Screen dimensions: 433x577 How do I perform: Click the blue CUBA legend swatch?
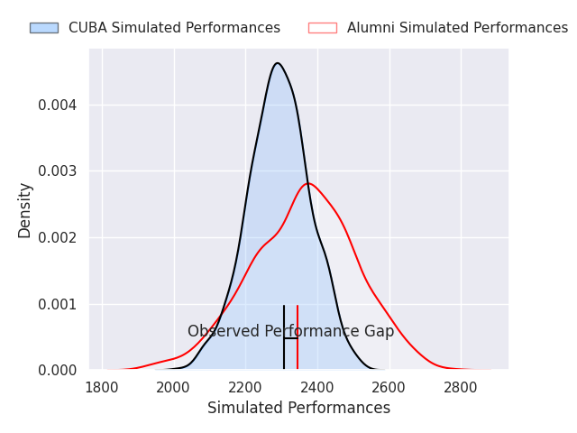(x=43, y=28)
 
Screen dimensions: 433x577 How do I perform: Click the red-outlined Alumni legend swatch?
(x=322, y=28)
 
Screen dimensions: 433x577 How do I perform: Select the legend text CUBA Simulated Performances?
(x=174, y=28)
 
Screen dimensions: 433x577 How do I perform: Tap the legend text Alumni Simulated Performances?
(x=457, y=28)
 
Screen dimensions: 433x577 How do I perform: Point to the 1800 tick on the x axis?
(x=103, y=387)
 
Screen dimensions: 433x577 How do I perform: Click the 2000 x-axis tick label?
(x=174, y=387)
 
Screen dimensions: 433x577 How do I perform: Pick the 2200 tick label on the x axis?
(x=246, y=387)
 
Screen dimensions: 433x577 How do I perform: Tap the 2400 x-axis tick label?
(x=317, y=387)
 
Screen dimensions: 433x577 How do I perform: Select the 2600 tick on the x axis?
(x=389, y=387)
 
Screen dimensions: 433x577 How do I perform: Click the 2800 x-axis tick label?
(x=461, y=387)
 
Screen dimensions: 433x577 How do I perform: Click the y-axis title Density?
(x=25, y=209)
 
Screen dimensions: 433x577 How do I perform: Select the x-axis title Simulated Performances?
(x=298, y=408)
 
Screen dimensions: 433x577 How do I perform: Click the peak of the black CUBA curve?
(x=277, y=63)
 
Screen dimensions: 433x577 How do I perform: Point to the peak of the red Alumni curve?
(x=308, y=184)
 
